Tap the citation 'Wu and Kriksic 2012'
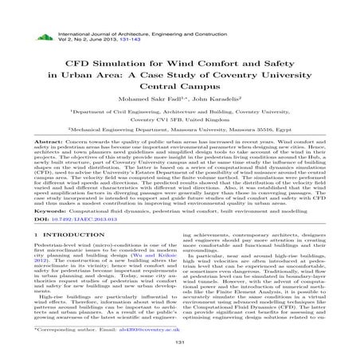(x=159, y=262)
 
